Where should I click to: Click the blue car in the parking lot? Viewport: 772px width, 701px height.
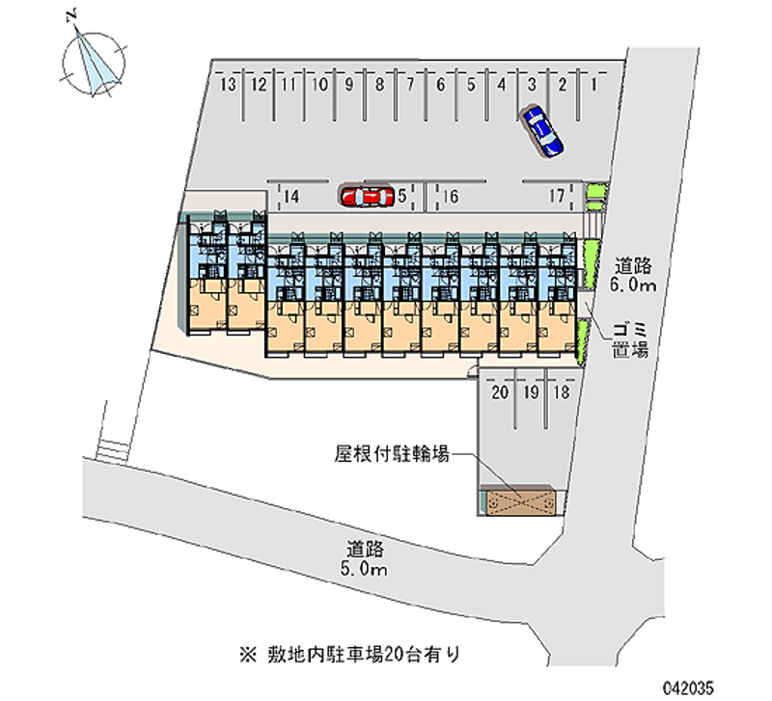(540, 130)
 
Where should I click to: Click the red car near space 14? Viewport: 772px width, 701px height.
(367, 197)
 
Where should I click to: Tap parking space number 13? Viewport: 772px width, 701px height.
(228, 85)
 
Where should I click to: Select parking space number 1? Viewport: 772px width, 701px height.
(593, 85)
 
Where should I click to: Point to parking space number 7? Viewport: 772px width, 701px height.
(410, 85)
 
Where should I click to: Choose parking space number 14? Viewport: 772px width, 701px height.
(291, 197)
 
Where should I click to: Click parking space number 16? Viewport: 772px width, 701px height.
(450, 197)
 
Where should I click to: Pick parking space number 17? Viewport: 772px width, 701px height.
(557, 197)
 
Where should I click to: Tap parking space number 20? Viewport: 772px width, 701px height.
(500, 392)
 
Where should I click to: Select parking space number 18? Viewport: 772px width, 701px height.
(562, 392)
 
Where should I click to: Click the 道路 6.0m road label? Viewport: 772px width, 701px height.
(633, 276)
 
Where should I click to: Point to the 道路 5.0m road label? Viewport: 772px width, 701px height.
(365, 558)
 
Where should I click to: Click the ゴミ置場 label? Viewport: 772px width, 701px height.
(631, 340)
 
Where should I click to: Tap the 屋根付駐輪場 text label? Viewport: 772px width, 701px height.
(392, 454)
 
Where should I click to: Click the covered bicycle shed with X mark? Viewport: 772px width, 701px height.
(518, 501)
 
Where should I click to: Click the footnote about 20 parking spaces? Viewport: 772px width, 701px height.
(350, 655)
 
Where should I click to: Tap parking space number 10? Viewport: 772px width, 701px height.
(319, 85)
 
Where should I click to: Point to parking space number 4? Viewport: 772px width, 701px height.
(501, 85)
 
